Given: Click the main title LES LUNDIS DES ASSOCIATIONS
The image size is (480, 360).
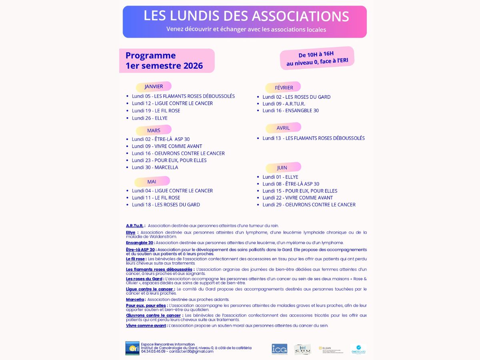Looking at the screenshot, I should [246, 16].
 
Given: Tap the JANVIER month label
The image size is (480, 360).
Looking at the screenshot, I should [154, 86].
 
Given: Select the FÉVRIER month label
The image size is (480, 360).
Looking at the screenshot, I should [284, 88].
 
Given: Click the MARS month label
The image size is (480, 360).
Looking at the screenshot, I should [154, 130].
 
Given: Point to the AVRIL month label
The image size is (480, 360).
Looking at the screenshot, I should [283, 128].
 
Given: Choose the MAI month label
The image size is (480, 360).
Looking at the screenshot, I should [152, 182].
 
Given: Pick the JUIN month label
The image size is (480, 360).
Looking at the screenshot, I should [282, 168].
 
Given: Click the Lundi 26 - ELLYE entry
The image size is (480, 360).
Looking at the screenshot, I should [150, 118].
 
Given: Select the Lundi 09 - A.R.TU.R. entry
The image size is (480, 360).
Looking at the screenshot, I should [284, 104].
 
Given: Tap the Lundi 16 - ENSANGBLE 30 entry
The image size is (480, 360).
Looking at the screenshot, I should [290, 110].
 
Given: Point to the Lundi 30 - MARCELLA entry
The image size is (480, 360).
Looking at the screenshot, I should [155, 167].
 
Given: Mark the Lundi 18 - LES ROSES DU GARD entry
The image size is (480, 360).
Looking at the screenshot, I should [166, 204].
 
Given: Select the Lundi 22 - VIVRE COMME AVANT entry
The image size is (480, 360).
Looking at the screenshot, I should [297, 198].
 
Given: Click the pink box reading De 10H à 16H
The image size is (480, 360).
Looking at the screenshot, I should [317, 58].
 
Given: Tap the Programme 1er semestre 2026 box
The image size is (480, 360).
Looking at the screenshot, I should [166, 61].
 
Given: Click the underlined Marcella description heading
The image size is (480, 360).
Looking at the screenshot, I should [135, 300].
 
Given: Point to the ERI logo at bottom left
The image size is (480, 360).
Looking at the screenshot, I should [132, 348].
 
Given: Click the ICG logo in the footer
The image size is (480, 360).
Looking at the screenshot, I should [279, 349].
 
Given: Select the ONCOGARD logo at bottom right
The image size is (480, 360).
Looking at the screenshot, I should [358, 349].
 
